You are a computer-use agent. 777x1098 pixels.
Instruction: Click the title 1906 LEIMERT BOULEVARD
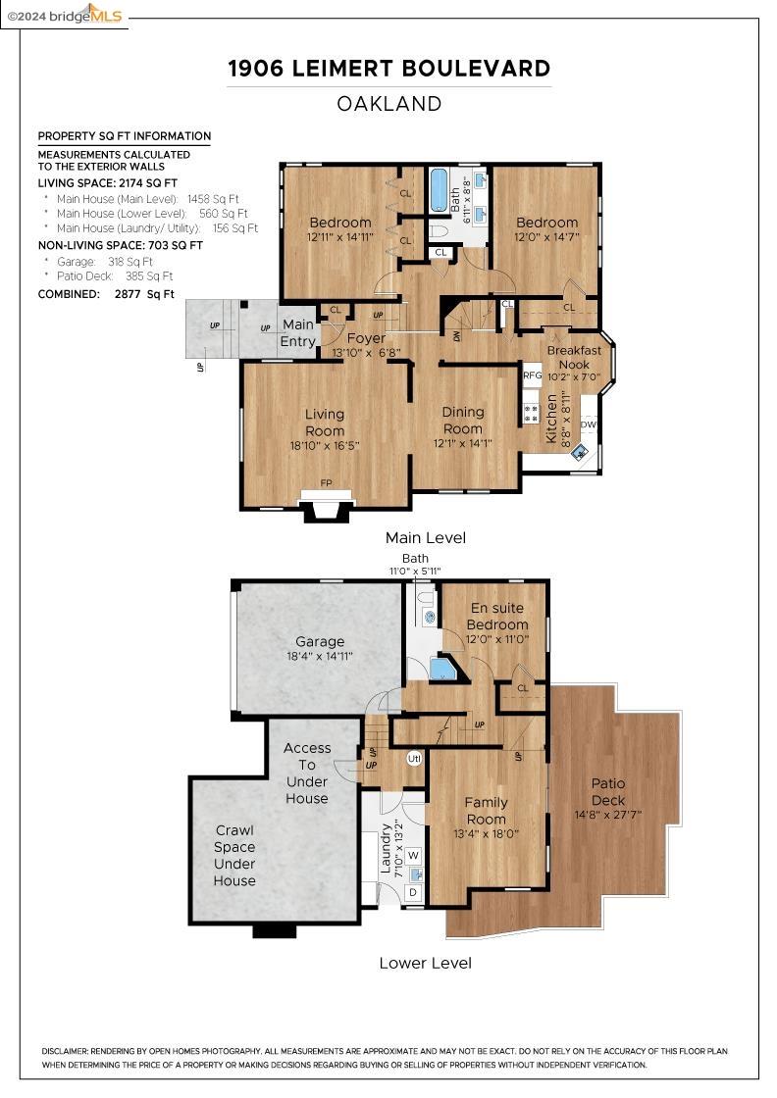pos(388,69)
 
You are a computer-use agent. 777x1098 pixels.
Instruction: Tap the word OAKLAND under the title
pos(388,104)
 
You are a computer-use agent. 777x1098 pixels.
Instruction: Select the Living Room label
pos(325,423)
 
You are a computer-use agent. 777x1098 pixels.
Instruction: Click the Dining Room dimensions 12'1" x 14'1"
pos(462,443)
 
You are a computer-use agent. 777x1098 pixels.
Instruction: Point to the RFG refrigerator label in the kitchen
pos(533,375)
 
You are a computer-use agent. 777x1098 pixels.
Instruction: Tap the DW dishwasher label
pos(588,425)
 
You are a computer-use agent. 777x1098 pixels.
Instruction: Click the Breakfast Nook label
pos(574,357)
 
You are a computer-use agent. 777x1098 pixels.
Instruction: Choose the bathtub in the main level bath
pos(439,190)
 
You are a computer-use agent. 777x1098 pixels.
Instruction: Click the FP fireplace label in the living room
pos(326,482)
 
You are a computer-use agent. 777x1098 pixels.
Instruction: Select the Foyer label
pos(366,338)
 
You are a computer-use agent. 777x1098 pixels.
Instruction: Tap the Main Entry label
pos(298,332)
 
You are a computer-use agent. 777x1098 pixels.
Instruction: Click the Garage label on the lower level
pos(320,641)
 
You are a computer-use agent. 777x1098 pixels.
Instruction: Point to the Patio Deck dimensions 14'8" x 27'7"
pos(607,815)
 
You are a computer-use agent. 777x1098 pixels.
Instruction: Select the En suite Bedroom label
pos(497,617)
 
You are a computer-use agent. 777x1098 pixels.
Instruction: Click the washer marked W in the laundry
pos(413,855)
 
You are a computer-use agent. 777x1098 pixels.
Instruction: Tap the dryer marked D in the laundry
pos(413,892)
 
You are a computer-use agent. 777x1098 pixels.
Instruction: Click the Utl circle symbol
pos(414,759)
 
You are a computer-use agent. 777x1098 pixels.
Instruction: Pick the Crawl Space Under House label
pos(234,855)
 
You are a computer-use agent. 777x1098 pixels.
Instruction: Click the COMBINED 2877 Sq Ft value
pos(144,294)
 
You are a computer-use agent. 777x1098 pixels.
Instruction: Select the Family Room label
pos(486,811)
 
